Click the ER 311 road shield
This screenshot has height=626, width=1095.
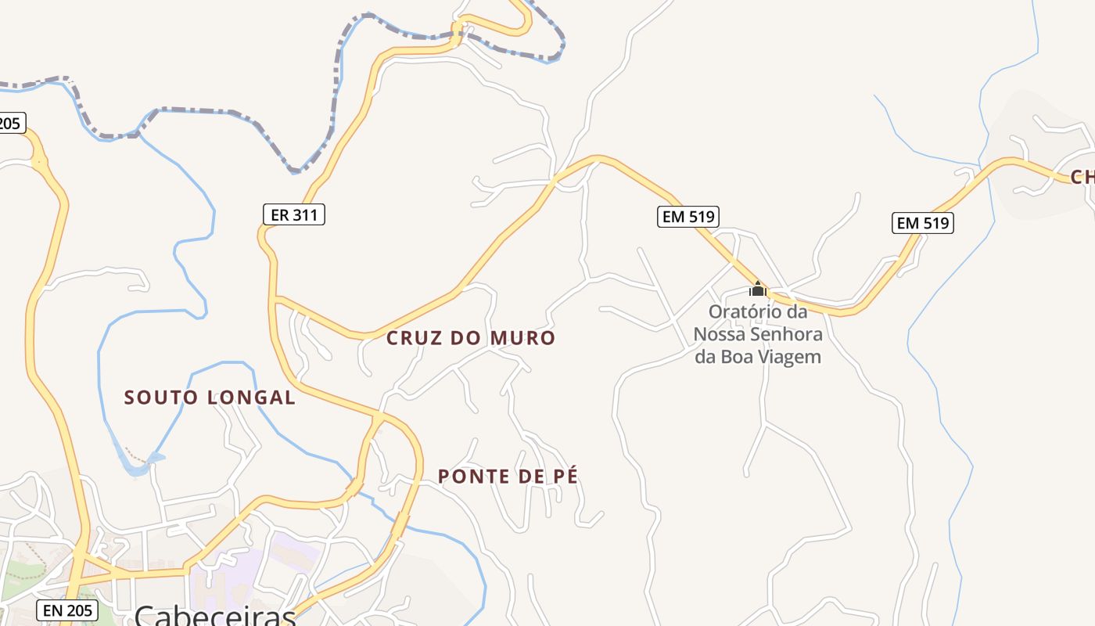(293, 214)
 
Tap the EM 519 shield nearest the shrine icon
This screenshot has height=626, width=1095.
(688, 217)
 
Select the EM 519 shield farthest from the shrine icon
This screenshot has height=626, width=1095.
(922, 223)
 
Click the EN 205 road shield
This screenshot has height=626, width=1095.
(67, 610)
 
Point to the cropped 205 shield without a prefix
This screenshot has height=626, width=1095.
(11, 123)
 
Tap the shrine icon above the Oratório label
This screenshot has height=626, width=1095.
(757, 289)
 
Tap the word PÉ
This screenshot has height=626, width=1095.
(565, 477)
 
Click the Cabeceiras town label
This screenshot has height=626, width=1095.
(214, 615)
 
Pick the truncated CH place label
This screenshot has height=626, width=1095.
(1082, 177)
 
